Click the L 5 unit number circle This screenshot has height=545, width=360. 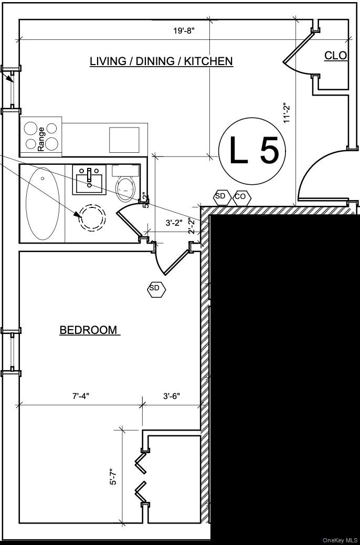(252, 151)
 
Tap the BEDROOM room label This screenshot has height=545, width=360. (89, 330)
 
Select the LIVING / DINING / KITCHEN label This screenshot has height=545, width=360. (161, 61)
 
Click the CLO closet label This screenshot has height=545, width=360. (336, 55)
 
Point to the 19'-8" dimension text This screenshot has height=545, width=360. (184, 31)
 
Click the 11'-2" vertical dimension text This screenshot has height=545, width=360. (287, 112)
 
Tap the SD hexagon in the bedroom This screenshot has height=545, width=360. (156, 288)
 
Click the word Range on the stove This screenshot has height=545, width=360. (41, 139)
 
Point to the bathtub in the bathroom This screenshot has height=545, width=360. (43, 203)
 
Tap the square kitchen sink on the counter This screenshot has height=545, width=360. (124, 140)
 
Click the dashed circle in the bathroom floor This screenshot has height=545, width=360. (92, 217)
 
